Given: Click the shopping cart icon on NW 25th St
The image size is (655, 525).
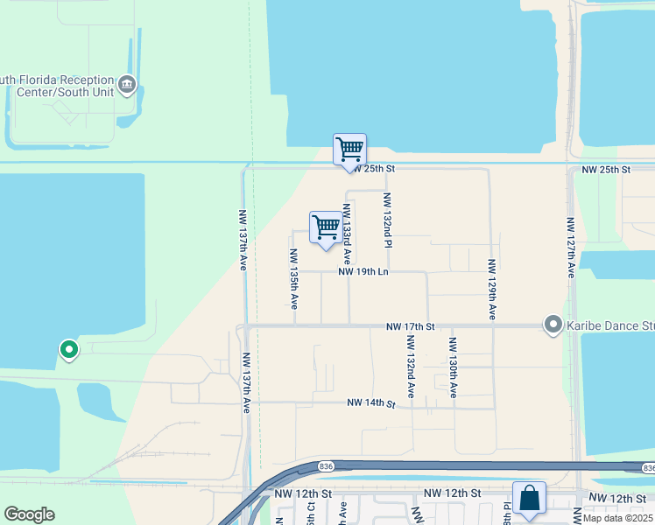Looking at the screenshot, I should (349, 149).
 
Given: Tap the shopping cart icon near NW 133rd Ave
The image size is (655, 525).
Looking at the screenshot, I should (326, 227).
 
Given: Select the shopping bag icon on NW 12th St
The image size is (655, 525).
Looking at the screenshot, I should (529, 498).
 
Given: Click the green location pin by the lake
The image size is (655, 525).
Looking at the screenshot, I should (69, 350).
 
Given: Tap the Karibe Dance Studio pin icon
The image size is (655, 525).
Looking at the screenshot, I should (553, 325).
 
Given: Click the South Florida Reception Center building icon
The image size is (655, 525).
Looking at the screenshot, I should (127, 85).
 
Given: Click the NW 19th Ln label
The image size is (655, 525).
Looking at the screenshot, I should (363, 272).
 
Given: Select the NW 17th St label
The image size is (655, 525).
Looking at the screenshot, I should (411, 327).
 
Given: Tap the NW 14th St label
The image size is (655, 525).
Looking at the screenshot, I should (371, 403).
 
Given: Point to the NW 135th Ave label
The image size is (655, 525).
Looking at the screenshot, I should (293, 279).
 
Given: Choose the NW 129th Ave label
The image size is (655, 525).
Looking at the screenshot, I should (492, 288).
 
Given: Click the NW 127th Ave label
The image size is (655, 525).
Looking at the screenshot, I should (570, 248).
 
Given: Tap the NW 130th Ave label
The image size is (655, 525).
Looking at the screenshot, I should (453, 367).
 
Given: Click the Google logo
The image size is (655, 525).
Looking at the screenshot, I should (29, 514).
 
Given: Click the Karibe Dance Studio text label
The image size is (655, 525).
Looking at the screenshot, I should (611, 325).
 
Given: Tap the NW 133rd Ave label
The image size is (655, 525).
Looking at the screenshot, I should (347, 234).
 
